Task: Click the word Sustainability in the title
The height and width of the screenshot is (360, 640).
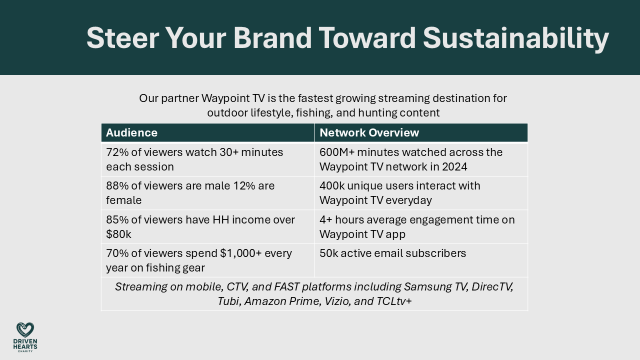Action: coord(515,38)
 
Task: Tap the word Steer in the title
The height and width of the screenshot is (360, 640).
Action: coord(121,38)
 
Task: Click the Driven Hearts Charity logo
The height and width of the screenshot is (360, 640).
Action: coord(25,337)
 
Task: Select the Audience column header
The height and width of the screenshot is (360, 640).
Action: coord(131,132)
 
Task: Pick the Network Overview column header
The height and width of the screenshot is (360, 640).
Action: coord(369,132)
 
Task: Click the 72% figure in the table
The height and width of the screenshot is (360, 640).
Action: coord(116,152)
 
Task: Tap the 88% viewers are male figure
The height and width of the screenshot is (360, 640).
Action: coord(116,185)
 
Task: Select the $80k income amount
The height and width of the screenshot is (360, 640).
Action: coord(118,234)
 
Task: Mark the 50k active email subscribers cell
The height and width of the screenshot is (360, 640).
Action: coord(392,253)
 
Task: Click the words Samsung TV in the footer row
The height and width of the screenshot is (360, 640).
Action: coord(436,287)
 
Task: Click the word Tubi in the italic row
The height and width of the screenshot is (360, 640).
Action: coord(228,301)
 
